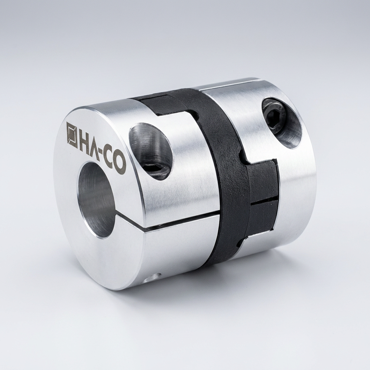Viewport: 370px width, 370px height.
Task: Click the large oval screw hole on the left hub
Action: tap(150, 151)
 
